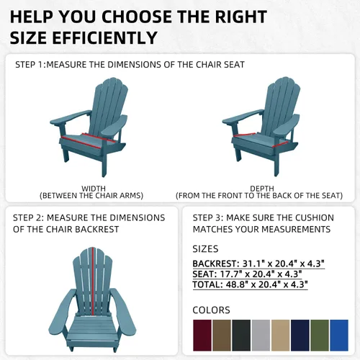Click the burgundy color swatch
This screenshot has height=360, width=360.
pos(202,336)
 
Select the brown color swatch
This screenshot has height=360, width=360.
pos(222,336)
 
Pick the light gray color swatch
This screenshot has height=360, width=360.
pos(261,336)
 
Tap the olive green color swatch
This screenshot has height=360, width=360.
pos(320,336)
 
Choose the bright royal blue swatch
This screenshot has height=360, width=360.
pos(339,336)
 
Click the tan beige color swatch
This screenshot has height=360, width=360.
pos(280,336)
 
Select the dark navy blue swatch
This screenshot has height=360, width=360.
pos(300,336)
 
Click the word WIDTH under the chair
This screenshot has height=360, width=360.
pos(94,189)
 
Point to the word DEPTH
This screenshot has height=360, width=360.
pos(262,189)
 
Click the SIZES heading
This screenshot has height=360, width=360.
pos(205,249)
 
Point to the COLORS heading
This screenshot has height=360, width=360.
pos(211,310)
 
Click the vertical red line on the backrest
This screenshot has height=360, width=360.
pos(93,281)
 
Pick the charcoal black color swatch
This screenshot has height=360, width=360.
pos(241,336)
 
